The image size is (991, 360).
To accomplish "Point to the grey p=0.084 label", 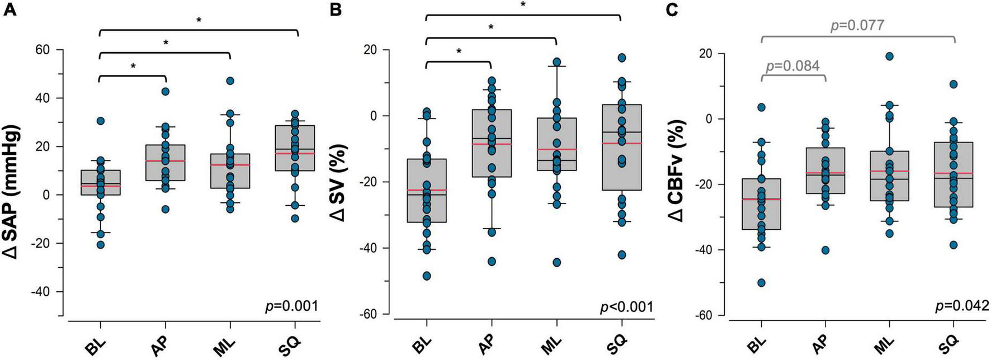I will [x=793, y=66].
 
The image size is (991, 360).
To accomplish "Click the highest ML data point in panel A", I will [x=230, y=81].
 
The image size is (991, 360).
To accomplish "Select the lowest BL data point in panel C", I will [x=762, y=282].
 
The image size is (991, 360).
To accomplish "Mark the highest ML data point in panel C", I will [x=889, y=56].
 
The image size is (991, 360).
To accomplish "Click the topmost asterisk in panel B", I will [x=523, y=4].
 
